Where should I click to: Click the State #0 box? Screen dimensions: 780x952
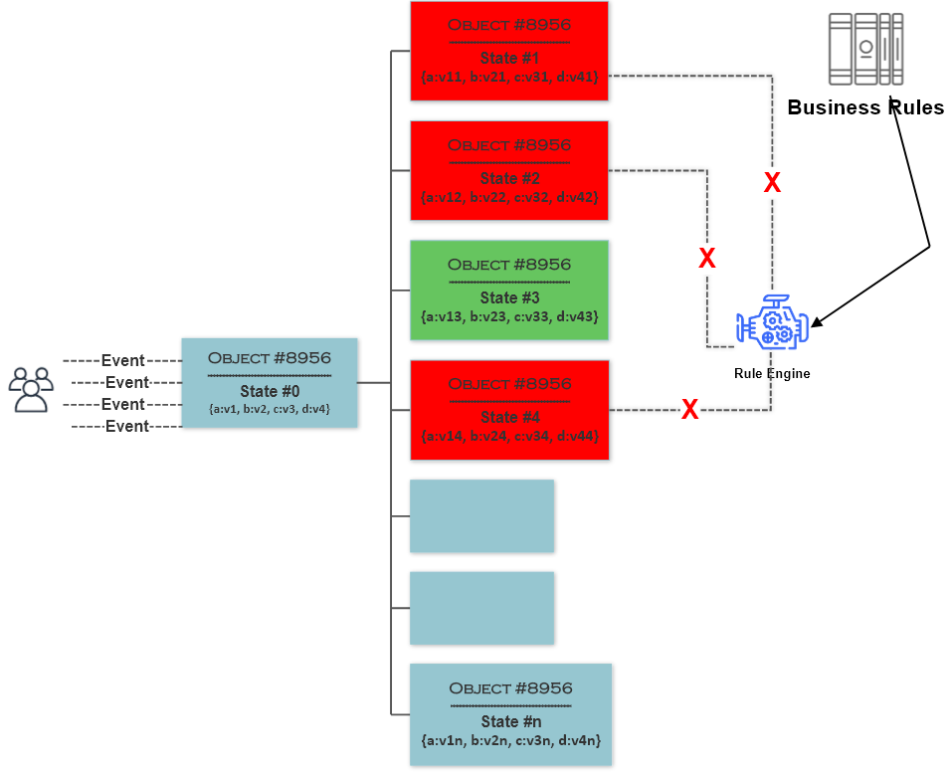[x=269, y=383]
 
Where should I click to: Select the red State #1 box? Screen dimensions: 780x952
[x=509, y=51]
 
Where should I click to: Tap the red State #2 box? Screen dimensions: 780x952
[x=509, y=170]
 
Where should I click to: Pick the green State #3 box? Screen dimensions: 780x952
[x=509, y=290]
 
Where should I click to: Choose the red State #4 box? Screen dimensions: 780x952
[x=509, y=410]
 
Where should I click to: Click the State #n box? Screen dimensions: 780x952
[x=510, y=714]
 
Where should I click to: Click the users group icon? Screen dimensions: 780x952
[x=31, y=389]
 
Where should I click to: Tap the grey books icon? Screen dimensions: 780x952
[x=865, y=49]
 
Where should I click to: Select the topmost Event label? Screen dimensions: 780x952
[x=123, y=360]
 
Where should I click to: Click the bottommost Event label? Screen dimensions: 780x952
[x=127, y=426]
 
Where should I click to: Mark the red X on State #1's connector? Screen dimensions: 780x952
[x=772, y=182]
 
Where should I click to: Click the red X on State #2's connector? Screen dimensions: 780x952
[x=706, y=259]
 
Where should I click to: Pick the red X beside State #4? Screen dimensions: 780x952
[x=689, y=409]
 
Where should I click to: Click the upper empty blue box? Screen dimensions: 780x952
[x=481, y=516]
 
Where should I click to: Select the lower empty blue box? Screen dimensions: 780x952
[x=481, y=608]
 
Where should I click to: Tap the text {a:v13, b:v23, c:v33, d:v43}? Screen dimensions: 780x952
[x=509, y=316]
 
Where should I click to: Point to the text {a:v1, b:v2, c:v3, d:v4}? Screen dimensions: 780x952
[x=269, y=409]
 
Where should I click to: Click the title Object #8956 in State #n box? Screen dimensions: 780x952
[x=510, y=688]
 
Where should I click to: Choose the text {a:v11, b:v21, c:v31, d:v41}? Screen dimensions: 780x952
[x=509, y=77]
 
